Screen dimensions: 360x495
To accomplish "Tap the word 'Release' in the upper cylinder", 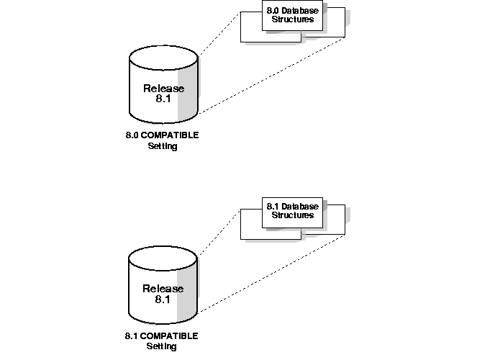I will click(163, 89).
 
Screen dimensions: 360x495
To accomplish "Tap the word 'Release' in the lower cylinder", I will click(163, 289).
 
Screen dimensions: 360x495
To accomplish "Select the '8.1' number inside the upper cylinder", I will click(163, 100).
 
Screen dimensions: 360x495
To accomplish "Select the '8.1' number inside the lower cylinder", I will click(163, 300).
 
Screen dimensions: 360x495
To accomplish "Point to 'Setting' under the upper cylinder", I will click(162, 146).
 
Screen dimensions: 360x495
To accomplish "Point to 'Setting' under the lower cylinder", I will click(162, 346).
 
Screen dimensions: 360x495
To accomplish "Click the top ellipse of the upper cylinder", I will click(163, 58).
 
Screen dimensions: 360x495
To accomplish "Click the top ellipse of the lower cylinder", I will click(163, 258).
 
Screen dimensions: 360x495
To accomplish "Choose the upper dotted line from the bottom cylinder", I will click(219, 232).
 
